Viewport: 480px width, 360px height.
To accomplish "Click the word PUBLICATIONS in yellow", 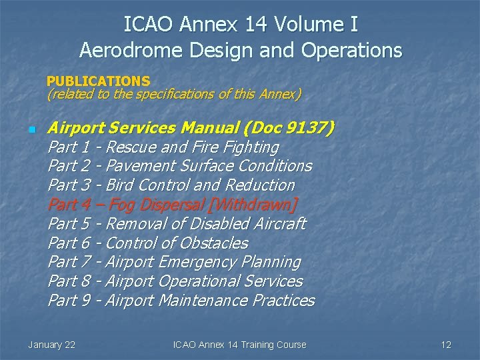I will pyautogui.click(x=98, y=81).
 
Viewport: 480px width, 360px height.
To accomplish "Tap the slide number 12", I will pyautogui.click(x=446, y=345).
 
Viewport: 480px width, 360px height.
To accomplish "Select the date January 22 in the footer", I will pyautogui.click(x=51, y=345).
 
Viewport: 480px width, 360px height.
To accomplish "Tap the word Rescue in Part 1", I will pyautogui.click(x=131, y=147).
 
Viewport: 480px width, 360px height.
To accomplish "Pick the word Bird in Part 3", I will pyautogui.click(x=119, y=185).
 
